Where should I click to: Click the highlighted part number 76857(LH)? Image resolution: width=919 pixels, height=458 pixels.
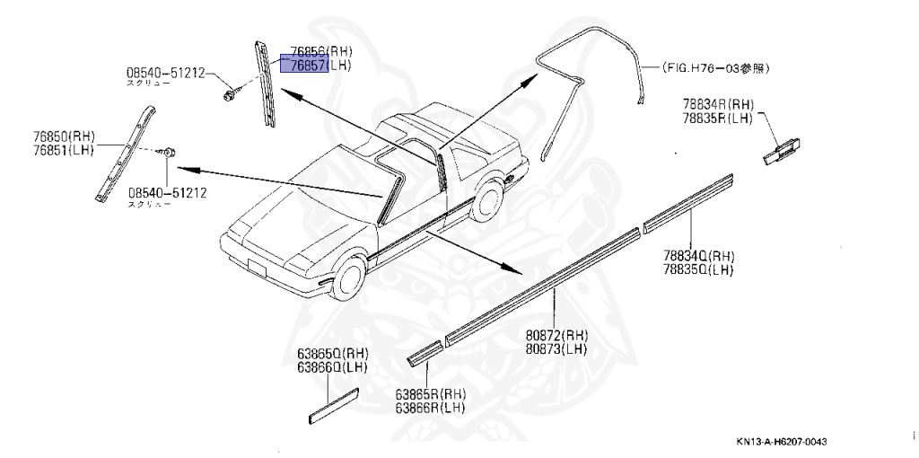point(316,65)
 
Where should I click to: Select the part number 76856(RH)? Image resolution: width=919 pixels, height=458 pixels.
point(316,52)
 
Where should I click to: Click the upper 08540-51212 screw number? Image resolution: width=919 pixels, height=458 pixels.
point(166,73)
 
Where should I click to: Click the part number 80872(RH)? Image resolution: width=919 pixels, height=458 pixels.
point(556,335)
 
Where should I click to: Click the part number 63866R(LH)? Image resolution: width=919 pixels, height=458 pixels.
point(430,407)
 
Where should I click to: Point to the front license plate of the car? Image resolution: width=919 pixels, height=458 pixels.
point(257,268)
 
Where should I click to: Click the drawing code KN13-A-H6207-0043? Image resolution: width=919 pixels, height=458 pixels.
point(781,442)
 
